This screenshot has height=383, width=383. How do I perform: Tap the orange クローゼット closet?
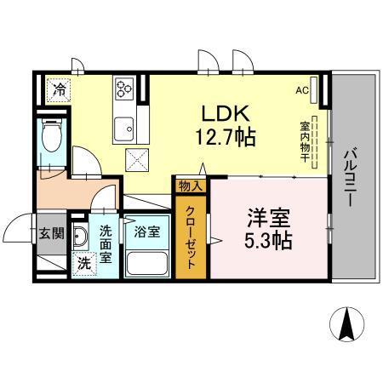(x=190, y=236)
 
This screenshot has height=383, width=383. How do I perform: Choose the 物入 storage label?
(x=189, y=186)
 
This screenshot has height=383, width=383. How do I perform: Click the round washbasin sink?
(x=82, y=236)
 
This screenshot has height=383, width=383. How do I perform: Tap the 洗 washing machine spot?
(x=83, y=264)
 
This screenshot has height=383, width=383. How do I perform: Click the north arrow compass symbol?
(x=348, y=323)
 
